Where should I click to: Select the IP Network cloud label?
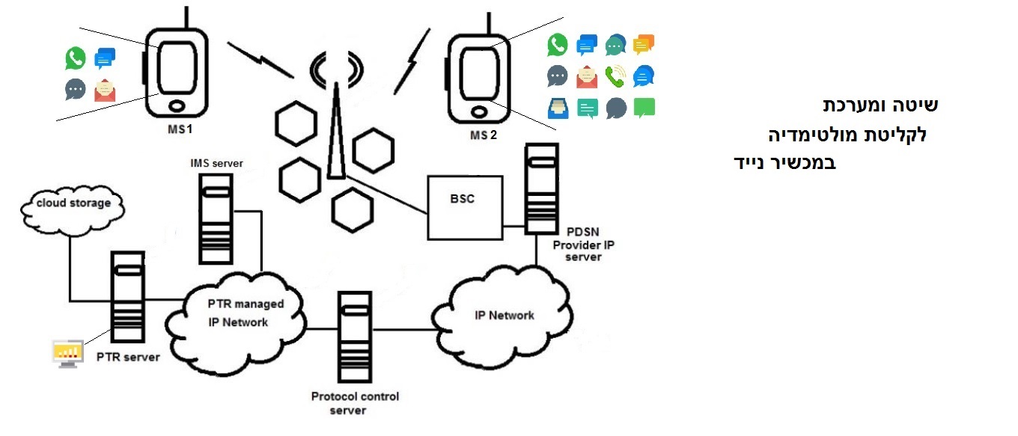click(504, 315)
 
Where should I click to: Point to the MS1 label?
click(179, 130)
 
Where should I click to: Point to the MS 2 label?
click(483, 135)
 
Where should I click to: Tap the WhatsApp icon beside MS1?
click(75, 58)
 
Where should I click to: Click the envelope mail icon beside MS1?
click(105, 90)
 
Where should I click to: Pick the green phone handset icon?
click(615, 76)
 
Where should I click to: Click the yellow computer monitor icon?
click(66, 351)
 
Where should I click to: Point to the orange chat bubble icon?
click(644, 45)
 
